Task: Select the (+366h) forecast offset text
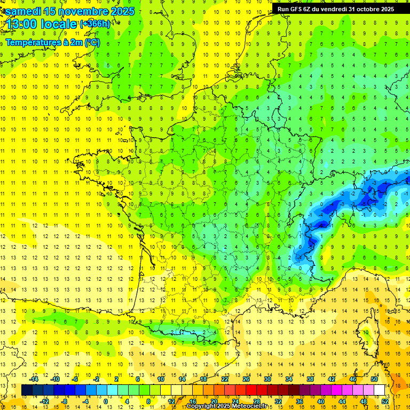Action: coord(96,24)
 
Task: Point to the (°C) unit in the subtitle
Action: coord(92,42)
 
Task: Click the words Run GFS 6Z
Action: coord(294,9)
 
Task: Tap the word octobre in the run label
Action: coord(365,9)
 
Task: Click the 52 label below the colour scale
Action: coord(385,401)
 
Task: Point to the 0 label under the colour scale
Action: coord(106,401)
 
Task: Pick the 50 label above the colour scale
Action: coord(374,379)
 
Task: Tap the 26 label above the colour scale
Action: coord(246,379)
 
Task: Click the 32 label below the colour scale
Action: coord(278,401)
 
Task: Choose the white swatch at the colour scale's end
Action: coord(379,390)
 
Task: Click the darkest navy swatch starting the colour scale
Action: coord(27,390)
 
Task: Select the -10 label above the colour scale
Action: coord(54,379)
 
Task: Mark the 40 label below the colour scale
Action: coord(321,401)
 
